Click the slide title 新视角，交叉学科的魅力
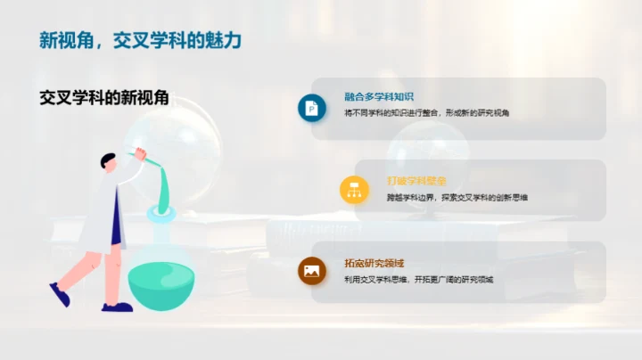[x=140, y=41]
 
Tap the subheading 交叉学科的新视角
[x=104, y=97]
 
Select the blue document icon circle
[x=311, y=108]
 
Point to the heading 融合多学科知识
[x=379, y=97]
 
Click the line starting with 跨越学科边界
[x=457, y=196]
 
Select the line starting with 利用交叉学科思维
[x=418, y=279]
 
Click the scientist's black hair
[x=107, y=159]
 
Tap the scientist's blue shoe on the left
[x=59, y=293]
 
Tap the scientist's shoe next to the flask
[x=116, y=307]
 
